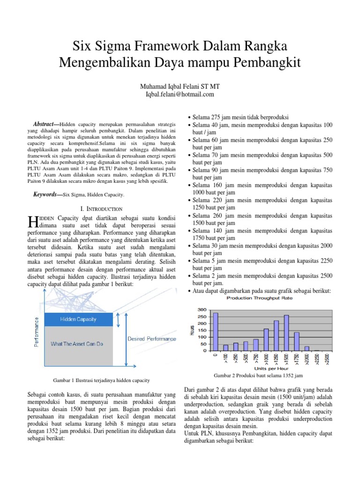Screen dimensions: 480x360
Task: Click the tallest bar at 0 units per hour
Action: point(216,331)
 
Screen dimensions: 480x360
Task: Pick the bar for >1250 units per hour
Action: point(276,336)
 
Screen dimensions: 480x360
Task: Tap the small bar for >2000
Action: point(307,348)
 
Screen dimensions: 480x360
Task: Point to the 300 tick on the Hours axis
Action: point(202,310)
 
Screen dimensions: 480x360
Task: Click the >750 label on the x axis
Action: point(256,359)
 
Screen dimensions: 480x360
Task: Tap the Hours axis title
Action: point(192,330)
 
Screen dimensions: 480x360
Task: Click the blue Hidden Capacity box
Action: point(78,319)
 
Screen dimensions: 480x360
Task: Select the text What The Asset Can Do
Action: point(77,344)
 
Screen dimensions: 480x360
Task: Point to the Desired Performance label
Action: point(152,338)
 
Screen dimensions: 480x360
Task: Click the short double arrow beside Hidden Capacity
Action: point(120,320)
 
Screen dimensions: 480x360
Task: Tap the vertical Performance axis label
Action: point(37,332)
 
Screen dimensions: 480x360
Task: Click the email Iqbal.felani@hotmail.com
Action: point(180,94)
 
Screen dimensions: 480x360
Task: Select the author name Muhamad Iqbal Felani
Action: point(180,87)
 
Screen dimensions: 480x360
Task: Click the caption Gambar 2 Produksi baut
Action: point(258,376)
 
